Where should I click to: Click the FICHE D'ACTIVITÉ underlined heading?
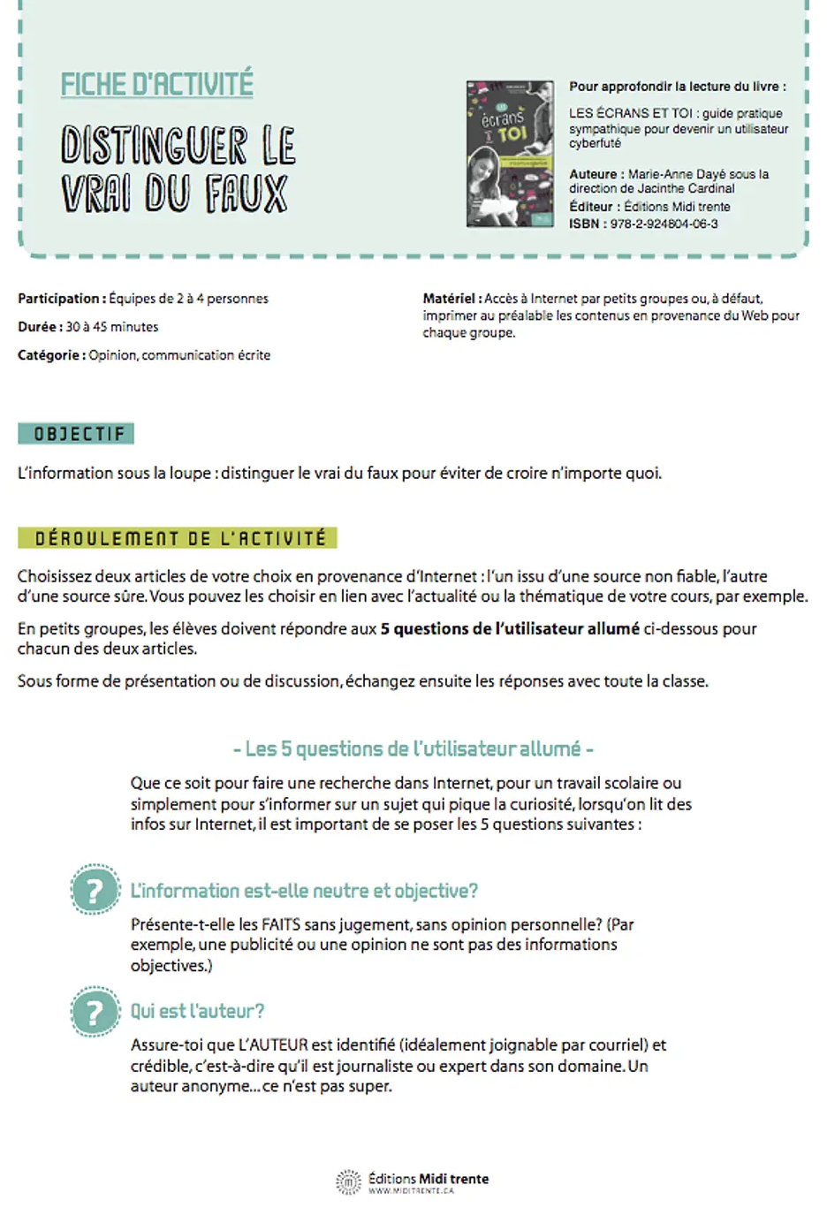pyautogui.click(x=156, y=84)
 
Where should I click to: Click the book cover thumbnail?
pyautogui.click(x=510, y=154)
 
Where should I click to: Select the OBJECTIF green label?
pyautogui.click(x=76, y=434)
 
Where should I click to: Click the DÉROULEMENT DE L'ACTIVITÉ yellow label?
pyautogui.click(x=178, y=538)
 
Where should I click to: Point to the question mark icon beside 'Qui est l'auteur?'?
pyautogui.click(x=95, y=1012)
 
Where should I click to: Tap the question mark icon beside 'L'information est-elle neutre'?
pyautogui.click(x=95, y=890)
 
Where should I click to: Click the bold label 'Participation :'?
pyautogui.click(x=62, y=299)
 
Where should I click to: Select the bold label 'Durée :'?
pyautogui.click(x=40, y=327)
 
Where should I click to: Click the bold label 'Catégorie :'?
pyautogui.click(x=51, y=355)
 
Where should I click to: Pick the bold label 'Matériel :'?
pyautogui.click(x=452, y=299)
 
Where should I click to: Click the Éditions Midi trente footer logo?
pyautogui.click(x=413, y=1181)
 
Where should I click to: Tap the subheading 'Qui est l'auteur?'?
pyautogui.click(x=197, y=1011)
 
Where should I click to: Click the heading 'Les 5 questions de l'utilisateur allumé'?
pyautogui.click(x=413, y=749)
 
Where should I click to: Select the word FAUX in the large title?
pyautogui.click(x=247, y=194)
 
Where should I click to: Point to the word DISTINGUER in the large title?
pyautogui.click(x=154, y=146)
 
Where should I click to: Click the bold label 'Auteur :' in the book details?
pyautogui.click(x=596, y=174)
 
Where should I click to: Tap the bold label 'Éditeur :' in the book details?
pyautogui.click(x=595, y=207)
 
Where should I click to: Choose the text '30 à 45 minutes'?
pyautogui.click(x=112, y=327)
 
